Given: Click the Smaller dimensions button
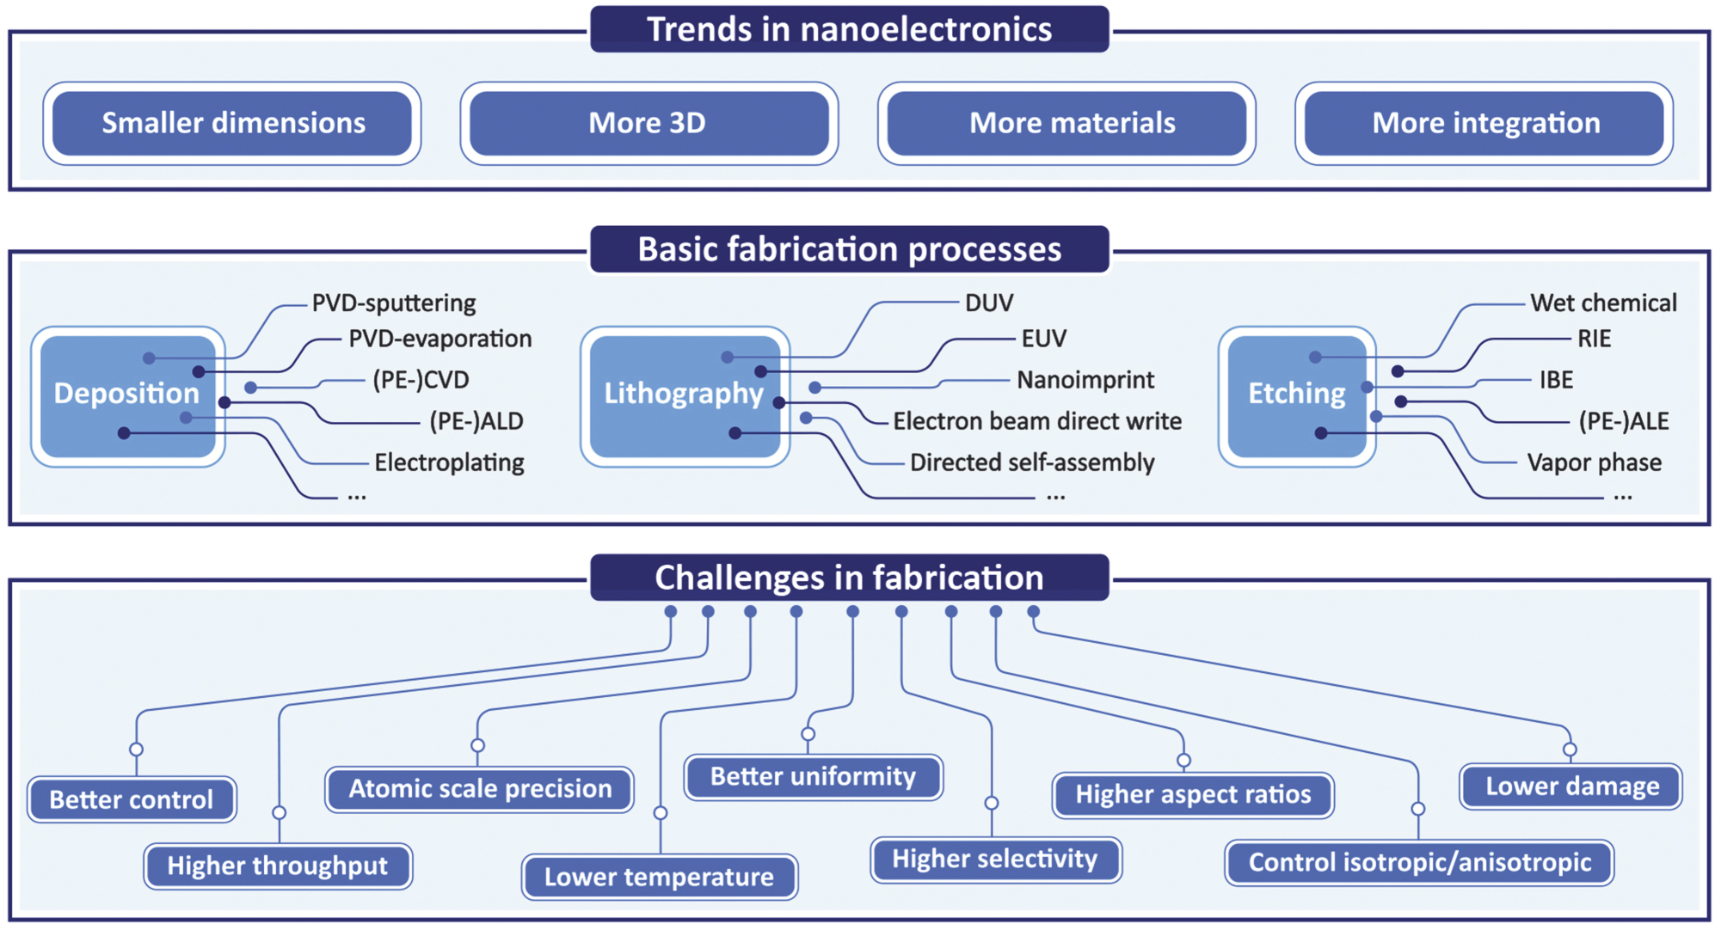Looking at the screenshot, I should pyautogui.click(x=232, y=123).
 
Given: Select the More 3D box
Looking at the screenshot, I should pyautogui.click(x=649, y=123).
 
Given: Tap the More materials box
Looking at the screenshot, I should pyautogui.click(x=1066, y=123).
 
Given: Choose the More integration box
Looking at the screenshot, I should pyautogui.click(x=1484, y=123).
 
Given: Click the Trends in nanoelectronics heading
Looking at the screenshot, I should pyautogui.click(x=849, y=29).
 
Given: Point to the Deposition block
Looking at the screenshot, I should pyautogui.click(x=127, y=395).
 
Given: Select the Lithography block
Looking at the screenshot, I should pyautogui.click(x=684, y=395).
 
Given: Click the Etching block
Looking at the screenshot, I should pyautogui.click(x=1296, y=395).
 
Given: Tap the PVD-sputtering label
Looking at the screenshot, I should pyautogui.click(x=393, y=303).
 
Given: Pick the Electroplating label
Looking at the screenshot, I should pyautogui.click(x=449, y=463).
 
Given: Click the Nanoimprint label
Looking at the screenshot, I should pyautogui.click(x=1085, y=380).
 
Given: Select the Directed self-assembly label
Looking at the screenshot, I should pyautogui.click(x=1031, y=463).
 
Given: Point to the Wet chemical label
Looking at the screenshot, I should pyautogui.click(x=1602, y=303).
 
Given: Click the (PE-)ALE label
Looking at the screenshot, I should pyautogui.click(x=1623, y=421).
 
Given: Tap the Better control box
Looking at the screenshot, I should pyautogui.click(x=132, y=800).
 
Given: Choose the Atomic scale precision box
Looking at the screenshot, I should pyautogui.click(x=480, y=789).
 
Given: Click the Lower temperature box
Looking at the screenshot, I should pyautogui.click(x=659, y=878).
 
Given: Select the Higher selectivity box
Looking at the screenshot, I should pyautogui.click(x=995, y=860).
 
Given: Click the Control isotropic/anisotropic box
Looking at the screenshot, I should pyautogui.click(x=1419, y=863).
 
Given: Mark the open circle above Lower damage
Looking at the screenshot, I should pyautogui.click(x=1570, y=750).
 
